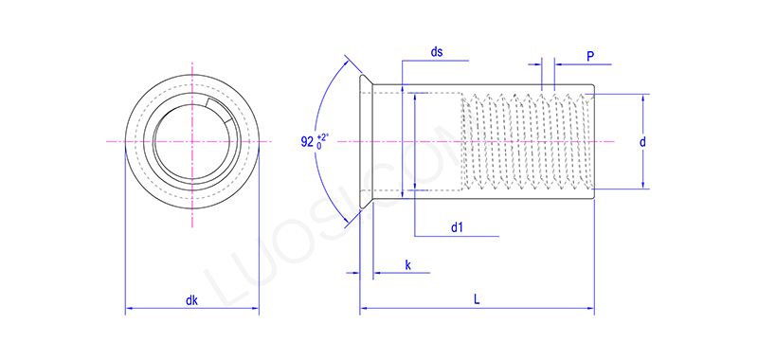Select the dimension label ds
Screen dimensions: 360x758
coord(437,53)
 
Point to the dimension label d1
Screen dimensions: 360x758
coord(457,227)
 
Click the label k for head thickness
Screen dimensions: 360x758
coord(408,265)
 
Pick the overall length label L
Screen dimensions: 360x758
coord(477,300)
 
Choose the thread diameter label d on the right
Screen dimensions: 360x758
coord(642,142)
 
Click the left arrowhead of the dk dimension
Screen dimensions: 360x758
coord(130,309)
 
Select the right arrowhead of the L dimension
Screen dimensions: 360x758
coord(589,309)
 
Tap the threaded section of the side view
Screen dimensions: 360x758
coord(526,142)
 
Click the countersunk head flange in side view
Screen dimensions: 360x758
coord(366,142)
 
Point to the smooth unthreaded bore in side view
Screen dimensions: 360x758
coord(436,142)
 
